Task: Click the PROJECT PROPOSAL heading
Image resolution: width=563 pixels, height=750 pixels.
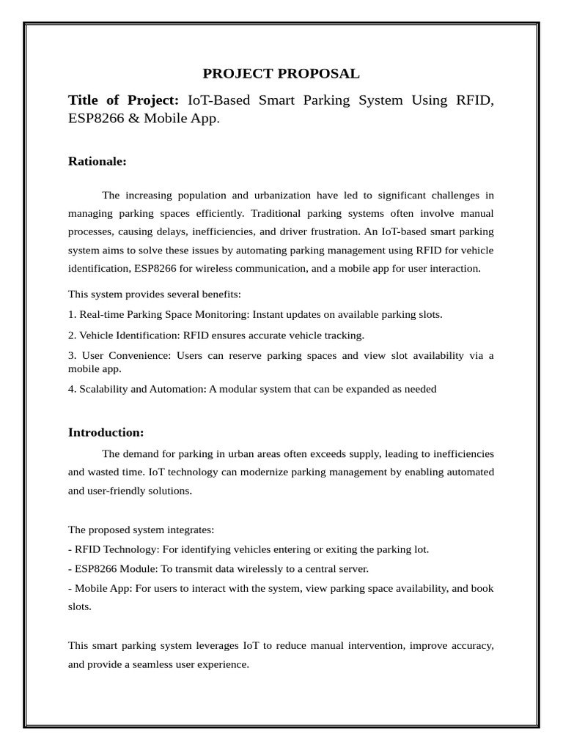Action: point(281,74)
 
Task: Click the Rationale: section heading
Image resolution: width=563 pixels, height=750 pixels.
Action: point(97,161)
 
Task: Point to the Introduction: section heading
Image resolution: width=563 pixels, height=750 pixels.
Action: point(106,432)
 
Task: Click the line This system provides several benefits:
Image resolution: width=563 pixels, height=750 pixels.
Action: point(154,294)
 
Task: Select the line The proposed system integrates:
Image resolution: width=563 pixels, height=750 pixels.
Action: point(141,530)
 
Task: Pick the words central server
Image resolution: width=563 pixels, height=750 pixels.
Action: point(338,569)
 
